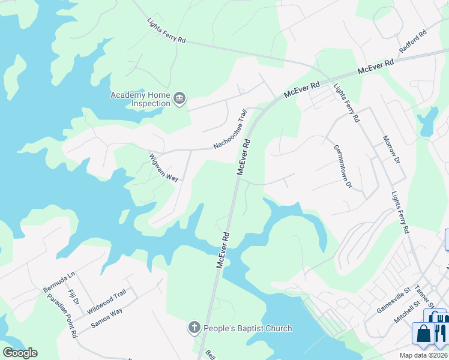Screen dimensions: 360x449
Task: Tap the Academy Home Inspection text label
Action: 140,99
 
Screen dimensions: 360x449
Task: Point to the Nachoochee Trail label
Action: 230,130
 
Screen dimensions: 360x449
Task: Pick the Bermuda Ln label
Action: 59,282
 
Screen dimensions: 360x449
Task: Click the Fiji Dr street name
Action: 74,296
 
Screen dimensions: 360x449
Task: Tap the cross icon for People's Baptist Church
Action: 194,328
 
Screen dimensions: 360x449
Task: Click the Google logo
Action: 20,353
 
